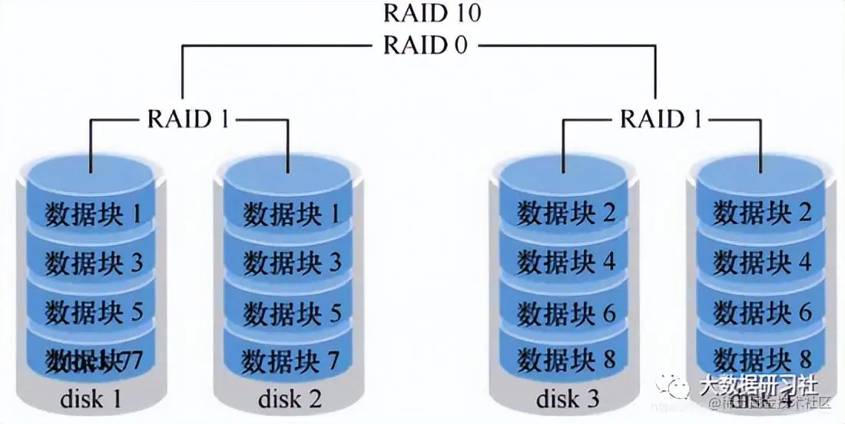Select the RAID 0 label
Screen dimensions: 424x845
point(425,45)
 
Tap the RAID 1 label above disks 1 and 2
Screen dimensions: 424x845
point(188,119)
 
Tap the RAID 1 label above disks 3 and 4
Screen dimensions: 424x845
point(661,119)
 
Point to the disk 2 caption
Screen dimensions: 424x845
point(290,399)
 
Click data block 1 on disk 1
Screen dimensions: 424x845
point(94,213)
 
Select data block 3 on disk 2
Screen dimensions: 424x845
point(291,263)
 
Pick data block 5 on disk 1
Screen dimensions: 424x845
point(94,312)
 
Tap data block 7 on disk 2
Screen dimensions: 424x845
point(291,359)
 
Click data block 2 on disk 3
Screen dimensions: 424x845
point(566,213)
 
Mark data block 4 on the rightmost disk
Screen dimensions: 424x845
point(762,263)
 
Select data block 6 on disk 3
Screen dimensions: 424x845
point(566,312)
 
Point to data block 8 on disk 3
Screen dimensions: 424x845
point(566,359)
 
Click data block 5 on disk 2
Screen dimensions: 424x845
point(291,312)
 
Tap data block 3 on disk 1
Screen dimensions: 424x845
point(94,263)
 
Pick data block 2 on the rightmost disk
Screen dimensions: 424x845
point(762,213)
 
